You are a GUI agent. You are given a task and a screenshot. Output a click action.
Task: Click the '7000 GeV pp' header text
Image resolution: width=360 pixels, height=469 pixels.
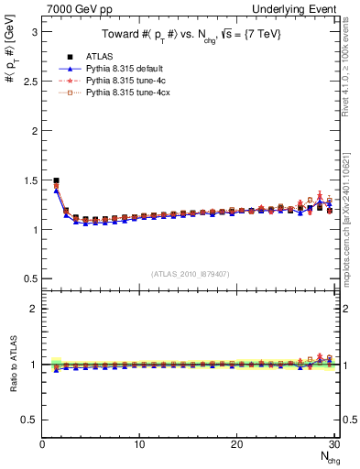[x=73, y=7]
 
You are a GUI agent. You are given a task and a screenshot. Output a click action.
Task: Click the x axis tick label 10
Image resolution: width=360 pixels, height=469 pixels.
[x=139, y=445]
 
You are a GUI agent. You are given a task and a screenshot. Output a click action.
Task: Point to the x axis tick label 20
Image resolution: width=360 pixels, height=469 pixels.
[x=236, y=445]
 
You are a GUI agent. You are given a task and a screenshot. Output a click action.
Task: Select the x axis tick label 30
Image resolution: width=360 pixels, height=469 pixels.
[x=333, y=445]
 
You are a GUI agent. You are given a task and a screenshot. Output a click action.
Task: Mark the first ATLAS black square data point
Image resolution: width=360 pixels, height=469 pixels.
[x=57, y=180]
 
